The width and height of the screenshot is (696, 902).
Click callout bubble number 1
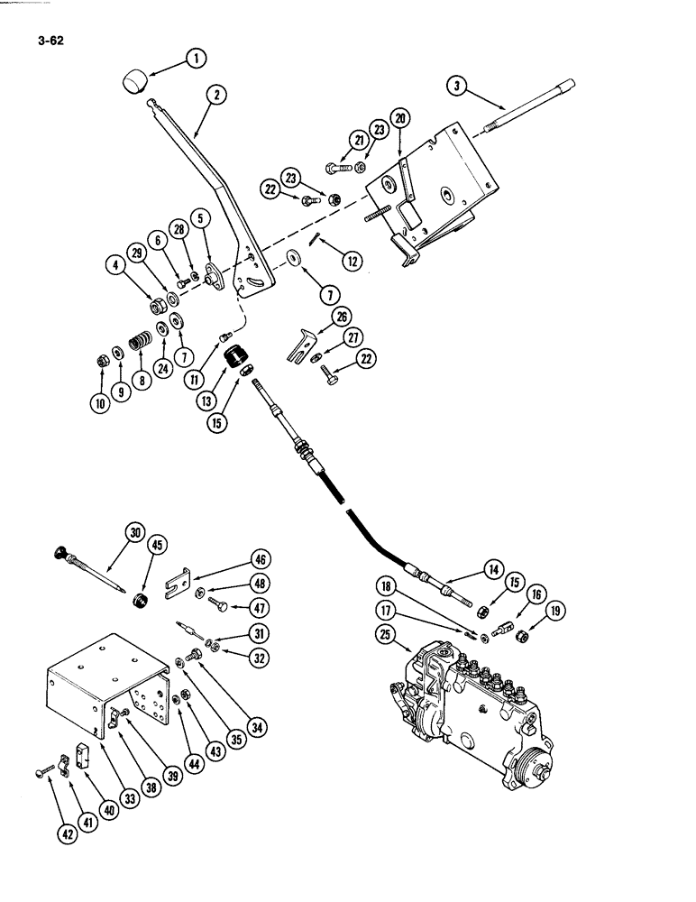195,60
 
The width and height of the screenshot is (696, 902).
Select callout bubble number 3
458,86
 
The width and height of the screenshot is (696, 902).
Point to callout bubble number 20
400,117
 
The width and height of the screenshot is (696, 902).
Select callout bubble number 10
99,404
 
